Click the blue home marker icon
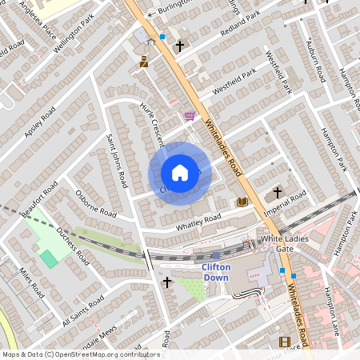point(180,173)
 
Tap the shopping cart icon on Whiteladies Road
point(190,117)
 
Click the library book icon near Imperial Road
point(242,202)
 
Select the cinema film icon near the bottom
point(285,342)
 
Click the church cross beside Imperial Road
point(278,193)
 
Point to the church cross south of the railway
point(167,282)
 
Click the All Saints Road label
point(82,311)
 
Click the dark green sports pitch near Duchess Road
point(50,258)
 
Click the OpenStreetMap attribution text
point(80,354)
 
